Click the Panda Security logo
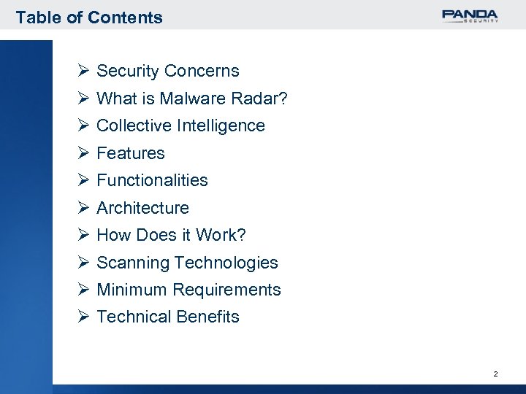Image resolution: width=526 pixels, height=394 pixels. (x=470, y=16)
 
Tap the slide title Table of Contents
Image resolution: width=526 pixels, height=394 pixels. (x=89, y=17)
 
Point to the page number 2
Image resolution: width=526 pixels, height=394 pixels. (x=495, y=374)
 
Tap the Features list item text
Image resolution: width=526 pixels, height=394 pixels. (x=131, y=153)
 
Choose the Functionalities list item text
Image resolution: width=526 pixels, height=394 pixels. (x=152, y=180)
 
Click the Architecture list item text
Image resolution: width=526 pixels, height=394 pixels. (x=142, y=208)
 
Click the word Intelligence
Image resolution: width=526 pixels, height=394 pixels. (x=221, y=125)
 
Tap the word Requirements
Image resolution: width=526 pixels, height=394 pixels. (x=227, y=290)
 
